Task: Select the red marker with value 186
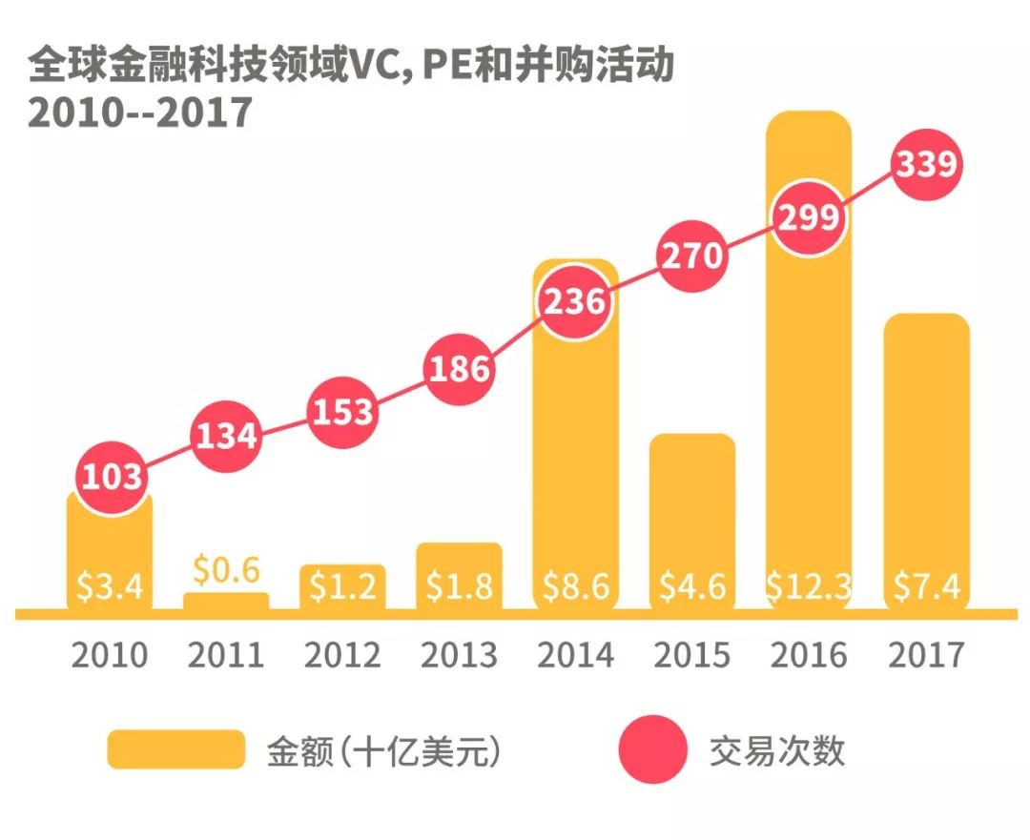point(460,369)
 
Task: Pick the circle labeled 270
point(692,258)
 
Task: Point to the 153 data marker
point(341,412)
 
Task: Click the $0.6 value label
point(226,569)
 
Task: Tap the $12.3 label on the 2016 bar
point(809,586)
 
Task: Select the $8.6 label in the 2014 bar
point(575,586)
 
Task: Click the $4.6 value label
point(692,586)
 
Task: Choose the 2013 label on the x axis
point(459,655)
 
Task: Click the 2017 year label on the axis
point(925,655)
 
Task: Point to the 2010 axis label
point(110,655)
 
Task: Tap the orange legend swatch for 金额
point(175,749)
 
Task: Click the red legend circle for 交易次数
point(652,749)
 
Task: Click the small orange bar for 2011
point(226,601)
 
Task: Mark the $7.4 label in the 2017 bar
point(926,586)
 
